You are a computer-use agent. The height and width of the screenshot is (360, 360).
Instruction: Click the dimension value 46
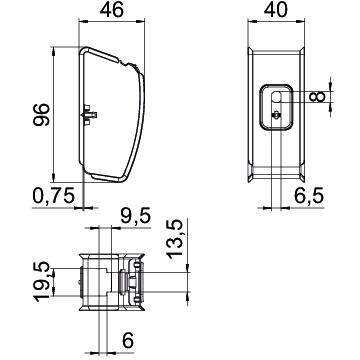pyautogui.click(x=112, y=10)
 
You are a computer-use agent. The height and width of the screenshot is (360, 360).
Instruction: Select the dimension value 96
pyautogui.click(x=41, y=114)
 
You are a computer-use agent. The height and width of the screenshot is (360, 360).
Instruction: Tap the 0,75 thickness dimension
pyautogui.click(x=53, y=196)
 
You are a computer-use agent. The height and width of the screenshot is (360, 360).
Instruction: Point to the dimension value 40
pyautogui.click(x=276, y=10)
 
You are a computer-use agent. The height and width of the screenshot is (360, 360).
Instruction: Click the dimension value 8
pyautogui.click(x=317, y=97)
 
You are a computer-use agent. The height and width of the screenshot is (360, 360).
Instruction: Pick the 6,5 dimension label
pyautogui.click(x=309, y=195)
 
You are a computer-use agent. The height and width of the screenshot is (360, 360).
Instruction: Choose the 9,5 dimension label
pyautogui.click(x=136, y=216)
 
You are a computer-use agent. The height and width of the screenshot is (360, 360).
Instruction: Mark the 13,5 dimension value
pyautogui.click(x=175, y=239)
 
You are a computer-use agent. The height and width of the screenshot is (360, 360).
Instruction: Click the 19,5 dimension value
pyautogui.click(x=42, y=282)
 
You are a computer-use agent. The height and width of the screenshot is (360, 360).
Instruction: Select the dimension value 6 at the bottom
pyautogui.click(x=128, y=340)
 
